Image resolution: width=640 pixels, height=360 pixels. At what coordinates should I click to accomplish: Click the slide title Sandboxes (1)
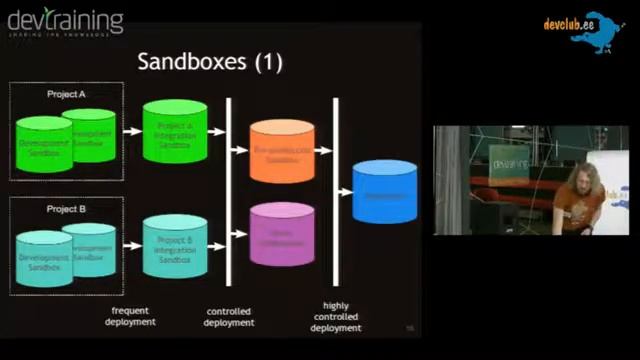[210, 62]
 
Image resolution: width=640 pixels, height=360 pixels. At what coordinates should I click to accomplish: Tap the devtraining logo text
[65, 21]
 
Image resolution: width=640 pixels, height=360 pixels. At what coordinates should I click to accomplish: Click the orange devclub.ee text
[569, 25]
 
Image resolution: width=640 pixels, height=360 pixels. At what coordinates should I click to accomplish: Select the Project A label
[66, 94]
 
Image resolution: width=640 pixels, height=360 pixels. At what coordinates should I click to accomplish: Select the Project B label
[66, 210]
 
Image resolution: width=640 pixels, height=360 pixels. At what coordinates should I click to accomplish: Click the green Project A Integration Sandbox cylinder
[175, 131]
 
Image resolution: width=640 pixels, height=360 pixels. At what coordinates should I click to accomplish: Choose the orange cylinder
[282, 151]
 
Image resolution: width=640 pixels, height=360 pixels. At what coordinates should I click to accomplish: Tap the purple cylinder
[282, 234]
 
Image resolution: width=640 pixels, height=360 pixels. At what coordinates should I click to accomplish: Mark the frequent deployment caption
[130, 316]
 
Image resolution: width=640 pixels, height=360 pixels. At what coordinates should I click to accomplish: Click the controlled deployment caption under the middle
[228, 316]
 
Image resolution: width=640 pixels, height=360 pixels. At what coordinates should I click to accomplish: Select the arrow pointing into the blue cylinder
[345, 191]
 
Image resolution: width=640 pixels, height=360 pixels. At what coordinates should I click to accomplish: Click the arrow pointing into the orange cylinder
[240, 150]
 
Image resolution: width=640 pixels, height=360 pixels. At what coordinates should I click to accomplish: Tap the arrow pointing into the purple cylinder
[240, 234]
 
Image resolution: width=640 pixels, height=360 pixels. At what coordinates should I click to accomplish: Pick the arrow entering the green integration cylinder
[131, 131]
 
